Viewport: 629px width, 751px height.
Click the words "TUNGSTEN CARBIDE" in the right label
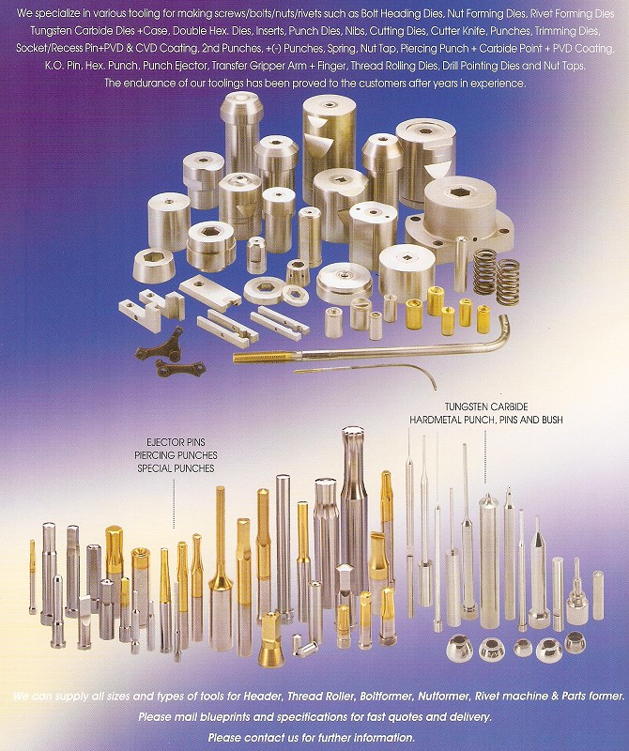pos(486,407)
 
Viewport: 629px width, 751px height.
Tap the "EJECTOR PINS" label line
pos(176,442)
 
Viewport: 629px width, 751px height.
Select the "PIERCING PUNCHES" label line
pos(176,455)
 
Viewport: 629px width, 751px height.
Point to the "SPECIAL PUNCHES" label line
pos(176,467)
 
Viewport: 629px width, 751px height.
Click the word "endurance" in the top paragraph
pos(146,83)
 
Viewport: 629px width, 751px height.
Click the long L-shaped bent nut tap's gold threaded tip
pos(262,357)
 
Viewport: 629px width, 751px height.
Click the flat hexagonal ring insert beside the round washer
pos(295,294)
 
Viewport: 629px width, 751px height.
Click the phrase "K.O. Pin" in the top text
pos(63,66)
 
